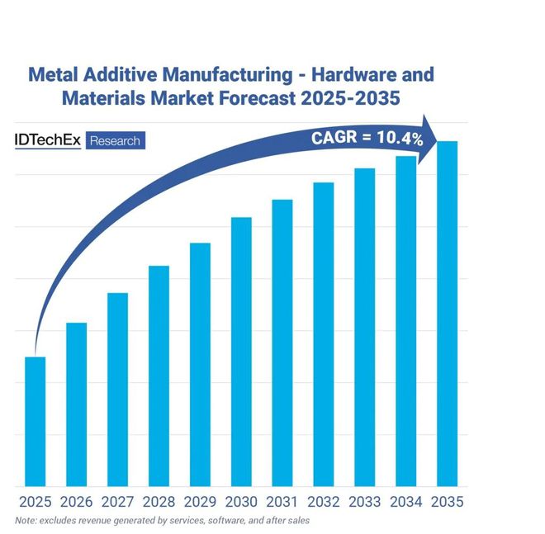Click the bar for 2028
(159, 376)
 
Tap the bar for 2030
(241, 352)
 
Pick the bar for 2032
(324, 334)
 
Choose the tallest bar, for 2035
(447, 314)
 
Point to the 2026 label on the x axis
(76, 501)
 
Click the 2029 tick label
(200, 501)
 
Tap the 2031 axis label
(282, 501)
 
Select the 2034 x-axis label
(405, 501)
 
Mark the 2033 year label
(364, 501)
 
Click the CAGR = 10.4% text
(367, 138)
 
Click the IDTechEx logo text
(49, 140)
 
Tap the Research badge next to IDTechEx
(115, 141)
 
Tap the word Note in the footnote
(26, 520)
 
